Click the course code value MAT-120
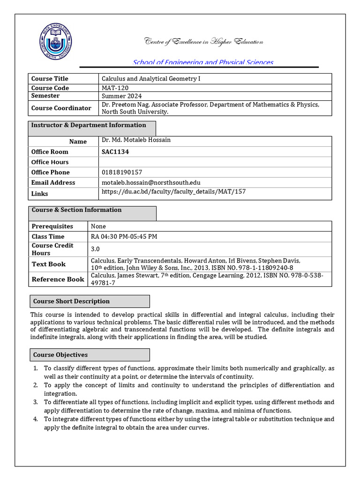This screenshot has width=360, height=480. point(115,88)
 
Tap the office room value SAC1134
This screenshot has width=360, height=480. point(115,152)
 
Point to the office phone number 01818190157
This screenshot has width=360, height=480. point(122,172)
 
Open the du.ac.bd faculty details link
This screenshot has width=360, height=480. point(173,192)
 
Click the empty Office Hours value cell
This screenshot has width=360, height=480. point(215,162)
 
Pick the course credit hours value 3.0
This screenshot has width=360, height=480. point(96,249)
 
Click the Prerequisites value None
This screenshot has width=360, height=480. point(98,226)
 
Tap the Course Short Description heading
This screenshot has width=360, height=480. point(71,301)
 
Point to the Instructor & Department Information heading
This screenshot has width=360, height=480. point(89,125)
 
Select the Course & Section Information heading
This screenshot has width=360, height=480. point(76,210)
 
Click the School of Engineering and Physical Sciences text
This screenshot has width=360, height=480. point(203,62)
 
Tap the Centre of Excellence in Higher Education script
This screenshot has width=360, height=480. point(203,42)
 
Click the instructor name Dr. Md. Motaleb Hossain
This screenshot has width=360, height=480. point(136,140)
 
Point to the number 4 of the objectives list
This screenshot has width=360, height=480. point(35,419)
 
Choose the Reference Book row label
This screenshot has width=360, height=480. point(58,279)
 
